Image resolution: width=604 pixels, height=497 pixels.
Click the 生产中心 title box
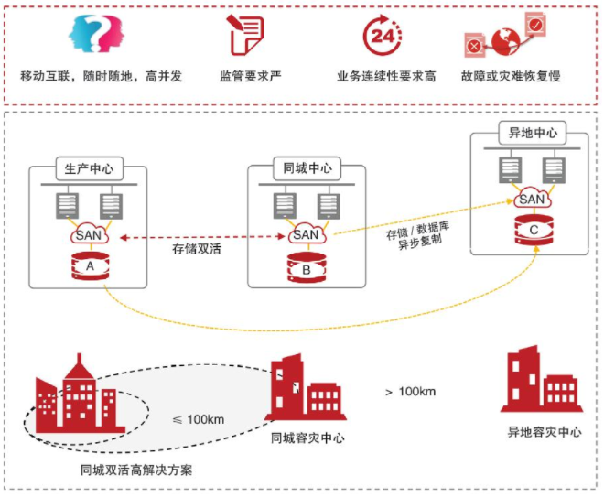[89, 169]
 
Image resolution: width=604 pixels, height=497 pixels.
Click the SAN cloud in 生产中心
[89, 236]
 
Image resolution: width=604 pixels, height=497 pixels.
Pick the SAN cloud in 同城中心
[307, 235]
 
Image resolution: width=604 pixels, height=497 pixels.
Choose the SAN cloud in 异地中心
[533, 199]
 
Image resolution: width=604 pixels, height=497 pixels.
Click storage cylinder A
[89, 267]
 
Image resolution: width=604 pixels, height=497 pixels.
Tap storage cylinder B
[307, 268]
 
